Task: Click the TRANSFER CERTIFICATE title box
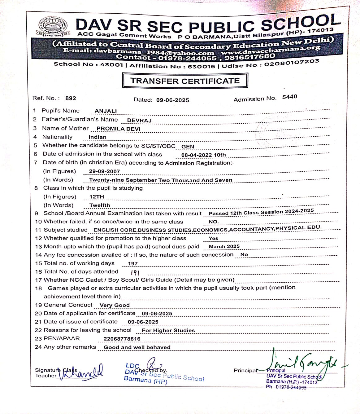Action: (185, 81)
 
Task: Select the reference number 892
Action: (71, 98)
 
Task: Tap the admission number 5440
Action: (289, 97)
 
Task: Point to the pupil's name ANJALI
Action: (106, 111)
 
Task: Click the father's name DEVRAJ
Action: (139, 121)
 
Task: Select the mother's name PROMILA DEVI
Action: (118, 129)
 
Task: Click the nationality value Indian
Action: (97, 137)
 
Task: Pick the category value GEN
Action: (188, 147)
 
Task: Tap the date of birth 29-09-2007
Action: (104, 171)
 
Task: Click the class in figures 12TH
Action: (97, 197)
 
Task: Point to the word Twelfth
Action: (100, 205)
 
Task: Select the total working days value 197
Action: (132, 264)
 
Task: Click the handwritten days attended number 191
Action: (135, 273)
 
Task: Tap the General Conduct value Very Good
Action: (115, 305)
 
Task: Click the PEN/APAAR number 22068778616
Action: (122, 339)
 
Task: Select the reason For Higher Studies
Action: (168, 330)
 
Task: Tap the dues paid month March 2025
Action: (224, 247)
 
